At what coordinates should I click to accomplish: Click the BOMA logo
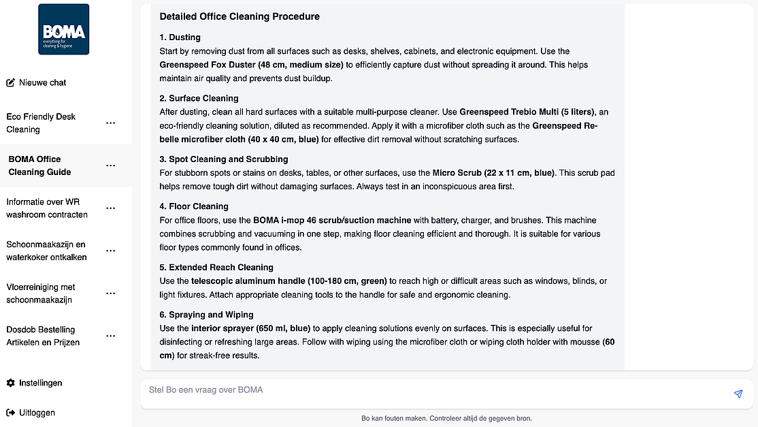[x=63, y=29]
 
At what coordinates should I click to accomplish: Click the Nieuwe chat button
[x=36, y=82]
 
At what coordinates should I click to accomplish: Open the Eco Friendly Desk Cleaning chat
[x=41, y=123]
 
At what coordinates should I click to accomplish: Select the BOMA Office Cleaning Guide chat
[x=39, y=165]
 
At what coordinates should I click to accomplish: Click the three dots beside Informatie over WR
[x=111, y=208]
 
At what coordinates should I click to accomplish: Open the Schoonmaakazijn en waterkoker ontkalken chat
[x=46, y=251]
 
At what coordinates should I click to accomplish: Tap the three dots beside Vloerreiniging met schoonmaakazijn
[x=111, y=294]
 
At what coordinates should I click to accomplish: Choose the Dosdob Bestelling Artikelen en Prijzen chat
[x=43, y=336]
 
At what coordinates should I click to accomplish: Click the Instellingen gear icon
[x=10, y=383]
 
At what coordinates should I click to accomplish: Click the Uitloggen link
[x=37, y=413]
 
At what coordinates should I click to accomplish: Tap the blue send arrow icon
[x=738, y=394]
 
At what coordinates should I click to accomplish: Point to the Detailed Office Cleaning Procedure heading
[x=240, y=16]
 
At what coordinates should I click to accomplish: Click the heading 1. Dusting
[x=180, y=37]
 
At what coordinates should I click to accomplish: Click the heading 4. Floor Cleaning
[x=194, y=206]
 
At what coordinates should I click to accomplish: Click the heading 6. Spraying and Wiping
[x=206, y=315]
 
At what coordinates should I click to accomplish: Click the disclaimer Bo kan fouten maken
[x=446, y=418]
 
